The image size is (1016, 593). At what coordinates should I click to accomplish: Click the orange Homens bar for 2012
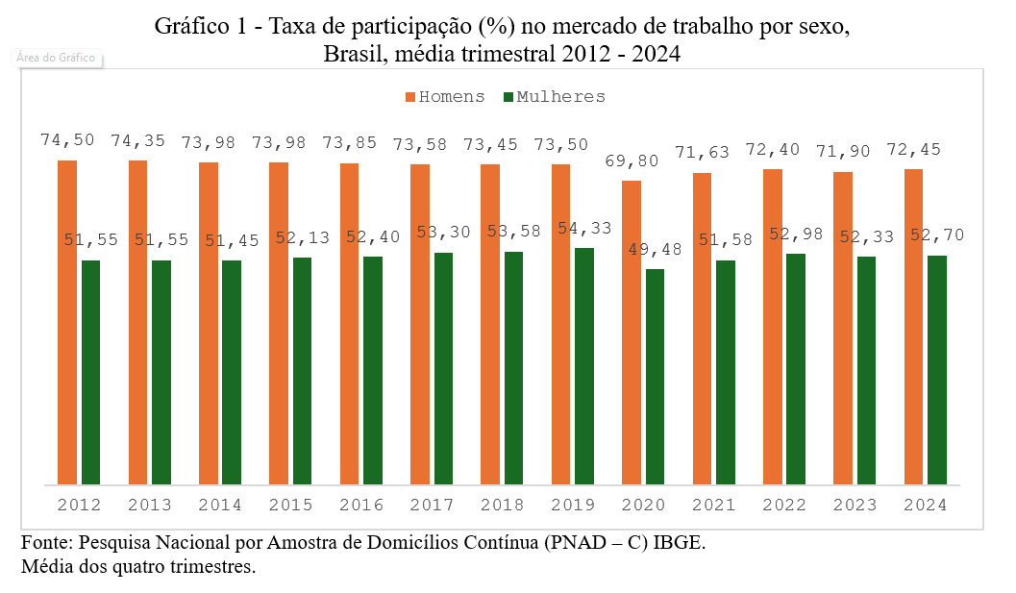point(67,322)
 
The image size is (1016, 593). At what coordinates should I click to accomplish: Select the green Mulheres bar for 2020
point(655,376)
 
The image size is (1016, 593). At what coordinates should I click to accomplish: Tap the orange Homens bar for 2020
point(632,332)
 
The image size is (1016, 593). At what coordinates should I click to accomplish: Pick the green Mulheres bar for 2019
point(584,365)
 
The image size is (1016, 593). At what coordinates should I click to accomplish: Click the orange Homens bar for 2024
point(914,327)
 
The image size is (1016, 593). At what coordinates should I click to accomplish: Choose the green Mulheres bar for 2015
point(302,370)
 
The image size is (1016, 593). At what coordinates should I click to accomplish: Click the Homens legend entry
point(445,97)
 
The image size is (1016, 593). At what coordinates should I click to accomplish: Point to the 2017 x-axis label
point(432,505)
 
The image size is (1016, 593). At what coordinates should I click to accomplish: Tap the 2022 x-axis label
point(784,505)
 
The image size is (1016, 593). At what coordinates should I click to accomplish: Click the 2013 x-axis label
point(150,505)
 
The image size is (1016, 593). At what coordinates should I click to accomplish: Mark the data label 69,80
point(632,161)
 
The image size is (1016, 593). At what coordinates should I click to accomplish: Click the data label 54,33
point(584,231)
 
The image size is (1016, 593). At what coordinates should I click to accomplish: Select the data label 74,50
point(67,140)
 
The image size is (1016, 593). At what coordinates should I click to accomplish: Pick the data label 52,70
point(937,235)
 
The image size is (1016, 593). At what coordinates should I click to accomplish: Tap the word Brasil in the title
point(351,54)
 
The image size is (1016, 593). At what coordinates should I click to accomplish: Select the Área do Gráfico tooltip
point(57,58)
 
